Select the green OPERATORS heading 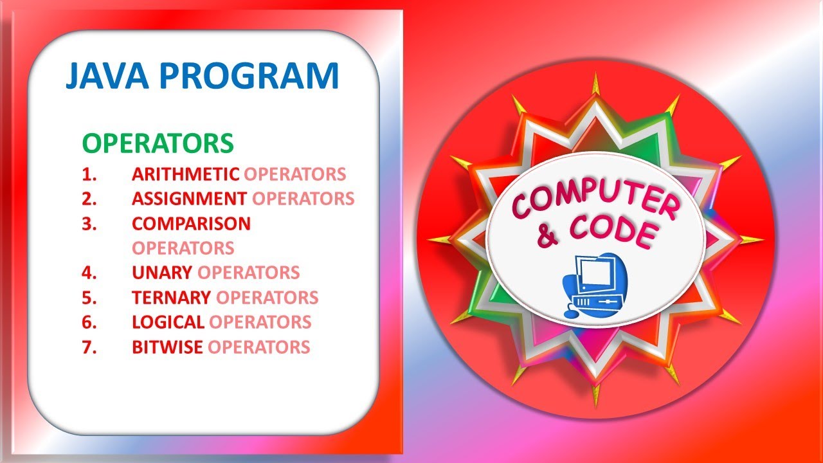pyautogui.click(x=158, y=144)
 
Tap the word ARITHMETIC pyautogui.click(x=185, y=174)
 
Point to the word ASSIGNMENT pyautogui.click(x=189, y=199)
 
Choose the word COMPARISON pyautogui.click(x=191, y=224)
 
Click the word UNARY pyautogui.click(x=162, y=273)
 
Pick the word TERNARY pyautogui.click(x=171, y=298)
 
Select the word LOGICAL pyautogui.click(x=168, y=322)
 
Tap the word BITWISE pyautogui.click(x=167, y=347)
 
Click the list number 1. pyautogui.click(x=88, y=174)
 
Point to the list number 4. pyautogui.click(x=89, y=273)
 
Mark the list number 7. pyautogui.click(x=89, y=347)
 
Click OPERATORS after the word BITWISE pyautogui.click(x=259, y=347)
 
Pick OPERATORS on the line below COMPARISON pyautogui.click(x=183, y=248)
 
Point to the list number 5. pyautogui.click(x=89, y=298)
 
